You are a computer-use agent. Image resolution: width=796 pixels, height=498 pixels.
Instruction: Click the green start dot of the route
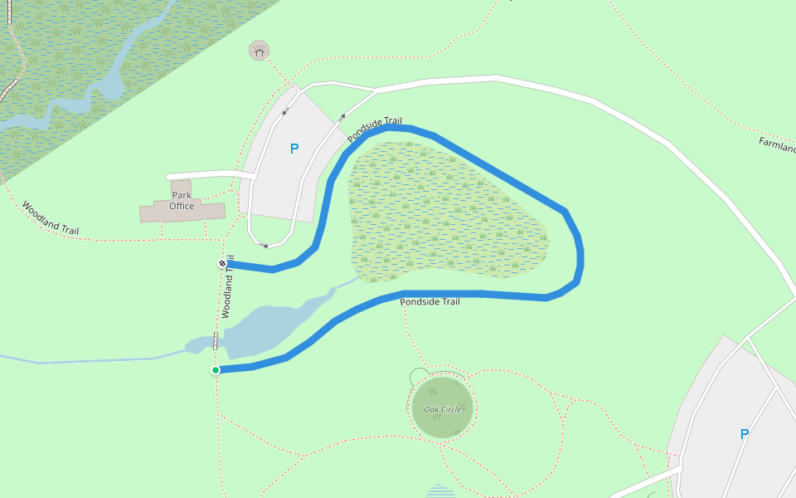coord(216,370)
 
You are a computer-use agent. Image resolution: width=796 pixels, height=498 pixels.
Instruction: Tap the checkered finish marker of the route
coord(222,264)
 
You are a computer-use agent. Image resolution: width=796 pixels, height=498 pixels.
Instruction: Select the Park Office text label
coord(182,201)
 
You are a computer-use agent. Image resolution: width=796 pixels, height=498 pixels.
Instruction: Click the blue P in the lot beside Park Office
coord(294,149)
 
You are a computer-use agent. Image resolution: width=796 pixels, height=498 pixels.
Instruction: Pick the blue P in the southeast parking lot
coord(744,433)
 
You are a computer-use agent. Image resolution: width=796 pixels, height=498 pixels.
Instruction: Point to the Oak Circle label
coord(442,410)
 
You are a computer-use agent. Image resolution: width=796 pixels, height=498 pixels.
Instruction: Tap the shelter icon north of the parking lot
coord(260,51)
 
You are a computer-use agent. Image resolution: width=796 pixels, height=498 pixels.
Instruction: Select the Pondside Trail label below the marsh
coord(430,302)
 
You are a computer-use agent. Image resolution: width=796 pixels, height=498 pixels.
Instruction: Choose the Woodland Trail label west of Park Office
coord(51,218)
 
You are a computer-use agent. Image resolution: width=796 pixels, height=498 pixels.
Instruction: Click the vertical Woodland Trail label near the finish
coord(228,287)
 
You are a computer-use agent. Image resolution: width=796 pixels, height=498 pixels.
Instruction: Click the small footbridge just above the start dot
coord(216,340)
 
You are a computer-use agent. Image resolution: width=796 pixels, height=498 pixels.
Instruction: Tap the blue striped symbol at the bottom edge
coord(440,491)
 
